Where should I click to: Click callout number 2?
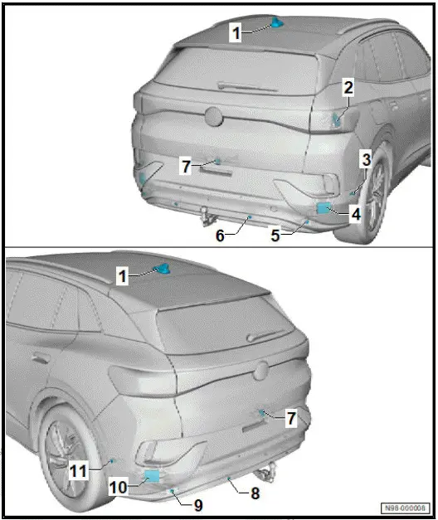(349, 86)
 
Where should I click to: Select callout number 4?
(355, 214)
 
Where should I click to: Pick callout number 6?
(221, 236)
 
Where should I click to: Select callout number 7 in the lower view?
(291, 419)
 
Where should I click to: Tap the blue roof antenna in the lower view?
(163, 268)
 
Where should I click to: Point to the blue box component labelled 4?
(324, 208)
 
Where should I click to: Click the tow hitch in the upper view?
(203, 216)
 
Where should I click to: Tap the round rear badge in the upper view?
(214, 118)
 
